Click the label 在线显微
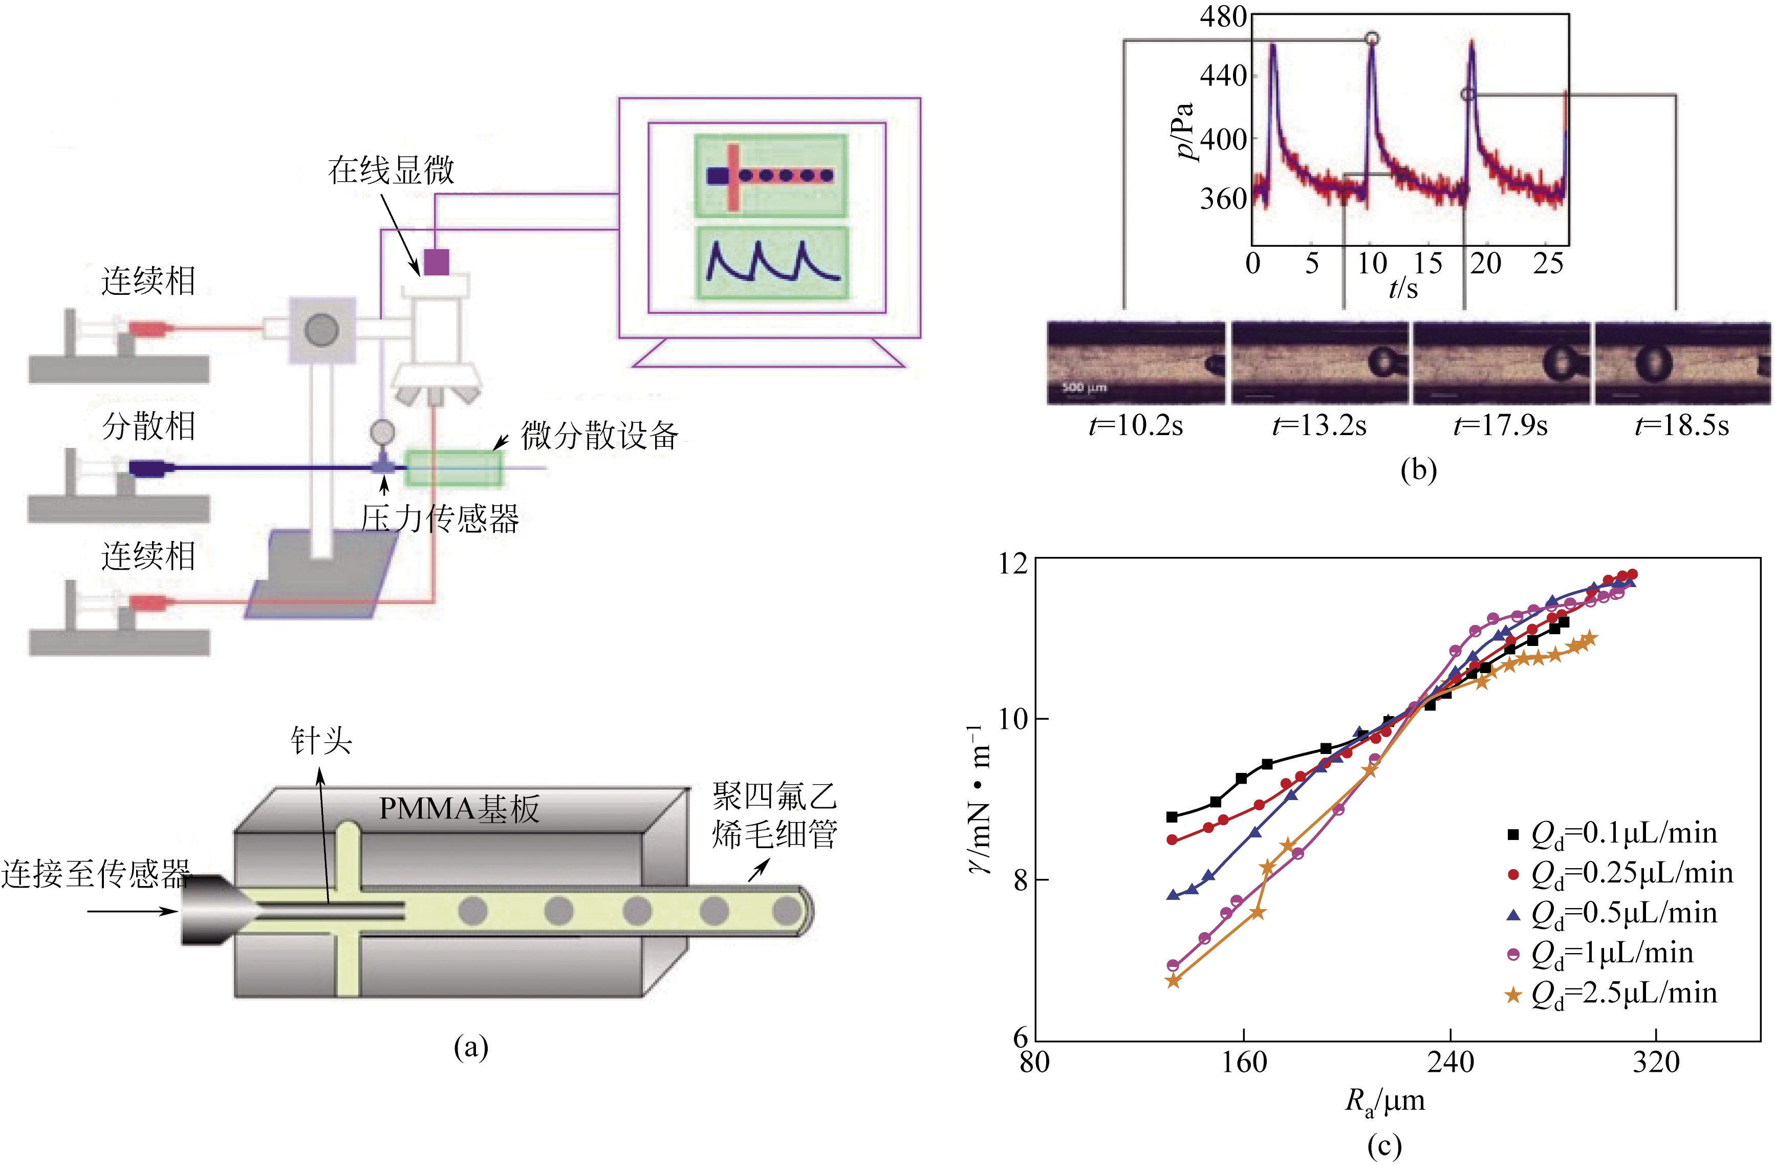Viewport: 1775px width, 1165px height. [x=391, y=170]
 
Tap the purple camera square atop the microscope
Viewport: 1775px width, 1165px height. [x=436, y=262]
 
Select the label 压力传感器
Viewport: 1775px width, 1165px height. [x=440, y=519]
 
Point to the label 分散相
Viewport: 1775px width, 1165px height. [x=148, y=426]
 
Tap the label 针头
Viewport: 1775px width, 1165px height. [x=321, y=741]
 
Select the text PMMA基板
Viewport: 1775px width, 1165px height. [x=459, y=809]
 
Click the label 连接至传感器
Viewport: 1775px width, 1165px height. [x=96, y=873]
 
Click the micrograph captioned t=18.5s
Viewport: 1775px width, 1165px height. [x=1682, y=364]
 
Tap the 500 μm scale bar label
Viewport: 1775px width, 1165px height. [x=1084, y=387]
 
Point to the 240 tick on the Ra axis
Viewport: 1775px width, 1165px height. [x=1451, y=1061]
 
